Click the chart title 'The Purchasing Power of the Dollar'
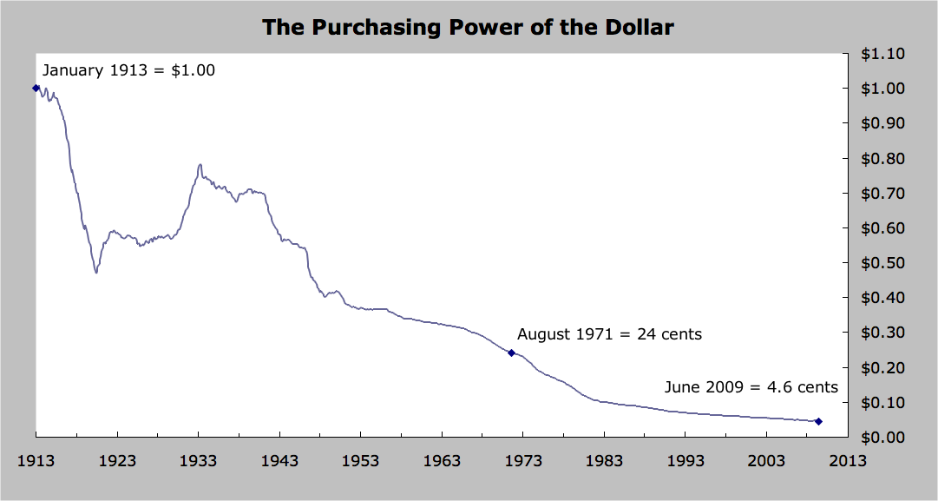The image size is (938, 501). click(x=468, y=27)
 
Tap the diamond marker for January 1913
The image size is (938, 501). click(x=36, y=88)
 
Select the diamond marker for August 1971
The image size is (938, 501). click(x=511, y=353)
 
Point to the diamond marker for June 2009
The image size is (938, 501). click(x=818, y=421)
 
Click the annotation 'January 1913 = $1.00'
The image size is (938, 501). click(x=128, y=70)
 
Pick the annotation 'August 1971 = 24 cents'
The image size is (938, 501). click(x=609, y=333)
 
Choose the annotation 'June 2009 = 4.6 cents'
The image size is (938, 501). click(x=751, y=387)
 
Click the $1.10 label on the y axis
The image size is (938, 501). click(x=882, y=54)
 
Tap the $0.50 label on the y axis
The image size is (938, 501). click(x=882, y=263)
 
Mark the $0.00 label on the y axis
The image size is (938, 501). click(x=882, y=438)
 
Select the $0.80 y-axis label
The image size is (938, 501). click(x=882, y=159)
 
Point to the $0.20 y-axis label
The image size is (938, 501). click(x=882, y=368)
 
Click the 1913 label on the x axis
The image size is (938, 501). click(x=36, y=461)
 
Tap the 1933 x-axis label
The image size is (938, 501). click(x=198, y=461)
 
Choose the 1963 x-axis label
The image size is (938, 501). click(x=442, y=461)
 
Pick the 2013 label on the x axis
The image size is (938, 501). click(x=847, y=461)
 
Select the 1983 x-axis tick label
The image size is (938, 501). click(x=604, y=461)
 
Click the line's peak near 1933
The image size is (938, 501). click(x=200, y=164)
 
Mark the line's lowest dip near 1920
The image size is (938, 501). click(x=96, y=273)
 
